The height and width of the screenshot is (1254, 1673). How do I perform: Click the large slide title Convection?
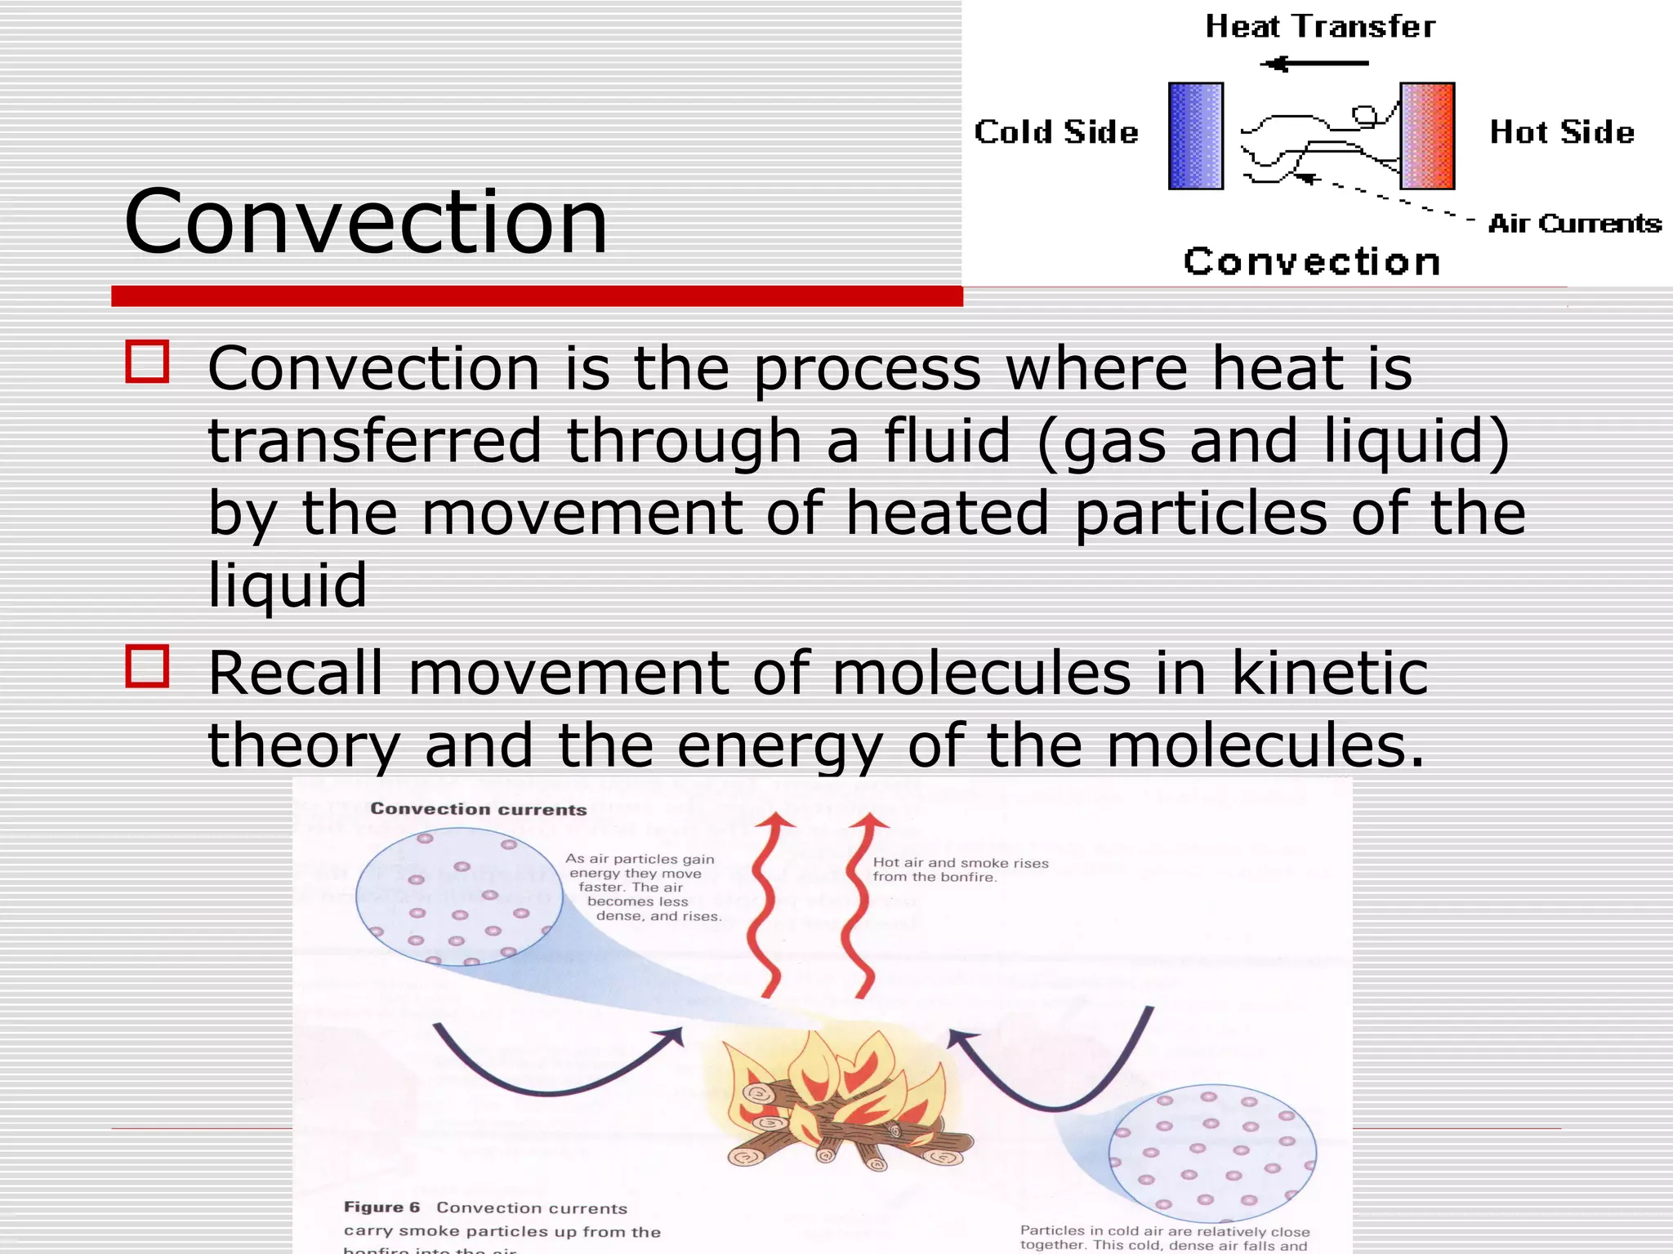pos(366,222)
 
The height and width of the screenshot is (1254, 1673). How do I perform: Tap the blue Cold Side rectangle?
pos(1195,136)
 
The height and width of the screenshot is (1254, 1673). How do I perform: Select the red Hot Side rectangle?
pos(1427,136)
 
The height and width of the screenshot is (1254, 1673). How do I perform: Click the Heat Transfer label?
pos(1320,27)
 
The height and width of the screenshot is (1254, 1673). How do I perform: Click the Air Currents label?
pos(1574,224)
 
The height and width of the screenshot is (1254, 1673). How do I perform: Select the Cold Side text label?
pos(1056,132)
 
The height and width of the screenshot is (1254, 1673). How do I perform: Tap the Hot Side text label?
pos(1561,132)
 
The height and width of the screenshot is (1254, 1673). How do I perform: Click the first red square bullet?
pos(147,362)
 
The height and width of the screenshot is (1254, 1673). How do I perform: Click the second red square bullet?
pos(147,666)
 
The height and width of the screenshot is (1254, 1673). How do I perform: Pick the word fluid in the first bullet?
pos(948,442)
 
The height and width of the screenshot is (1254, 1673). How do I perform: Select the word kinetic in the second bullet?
pos(1329,674)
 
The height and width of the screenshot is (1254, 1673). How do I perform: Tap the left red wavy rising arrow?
pos(770,906)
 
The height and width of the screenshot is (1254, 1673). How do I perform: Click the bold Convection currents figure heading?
pos(479,809)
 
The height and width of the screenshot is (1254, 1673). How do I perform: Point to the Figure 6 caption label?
pos(381,1207)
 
